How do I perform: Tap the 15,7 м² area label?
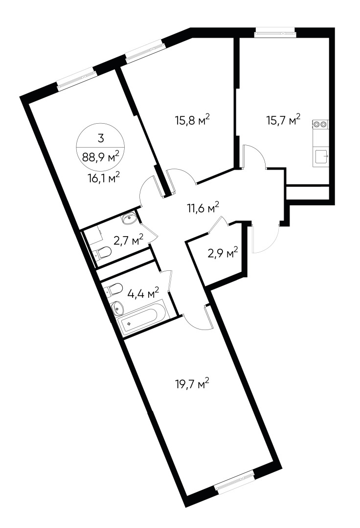[283, 120]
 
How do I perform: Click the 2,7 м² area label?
[128, 240]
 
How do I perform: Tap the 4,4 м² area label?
[143, 293]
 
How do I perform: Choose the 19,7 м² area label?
[192, 385]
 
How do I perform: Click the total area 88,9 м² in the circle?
[101, 157]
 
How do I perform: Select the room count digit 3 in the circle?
[101, 138]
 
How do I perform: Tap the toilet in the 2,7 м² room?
[103, 253]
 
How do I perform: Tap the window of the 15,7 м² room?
[276, 34]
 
